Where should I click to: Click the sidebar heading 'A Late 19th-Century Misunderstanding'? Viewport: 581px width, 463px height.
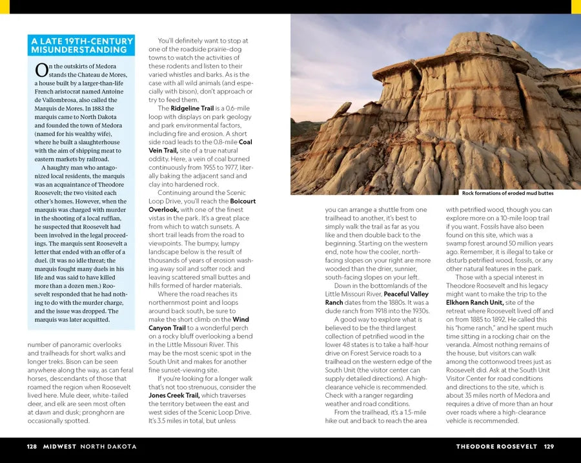pyautogui.click(x=82, y=45)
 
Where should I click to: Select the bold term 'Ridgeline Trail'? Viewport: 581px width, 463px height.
pyautogui.click(x=193, y=108)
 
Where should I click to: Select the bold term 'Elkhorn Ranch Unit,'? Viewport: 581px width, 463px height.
pyautogui.click(x=474, y=303)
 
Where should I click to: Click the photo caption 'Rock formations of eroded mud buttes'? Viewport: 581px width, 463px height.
pyautogui.click(x=507, y=193)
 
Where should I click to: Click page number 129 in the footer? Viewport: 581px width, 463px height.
pyautogui.click(x=549, y=446)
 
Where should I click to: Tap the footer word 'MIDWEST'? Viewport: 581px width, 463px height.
pyautogui.click(x=59, y=446)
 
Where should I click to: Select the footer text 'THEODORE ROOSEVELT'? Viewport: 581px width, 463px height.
pyautogui.click(x=496, y=446)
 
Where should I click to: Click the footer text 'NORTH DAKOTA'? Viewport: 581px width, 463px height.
pyautogui.click(x=108, y=446)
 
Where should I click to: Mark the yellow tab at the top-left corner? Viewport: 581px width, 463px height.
pyautogui.click(x=5, y=6)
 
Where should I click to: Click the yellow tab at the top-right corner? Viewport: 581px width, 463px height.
pyautogui.click(x=576, y=6)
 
